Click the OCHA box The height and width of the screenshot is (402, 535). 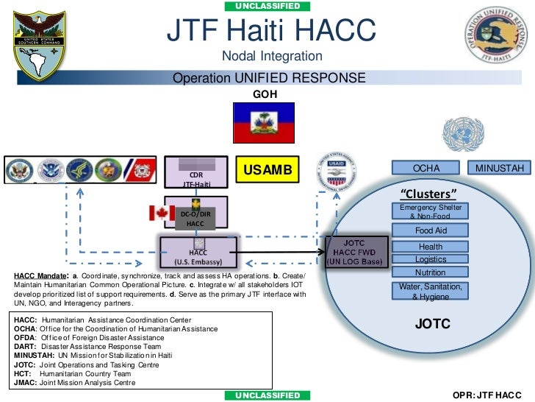[426, 169]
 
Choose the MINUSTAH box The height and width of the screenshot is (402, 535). [500, 169]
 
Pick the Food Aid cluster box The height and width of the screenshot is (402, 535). [431, 230]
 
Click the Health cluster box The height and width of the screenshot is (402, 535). [431, 247]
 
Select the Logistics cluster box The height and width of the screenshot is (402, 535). [431, 259]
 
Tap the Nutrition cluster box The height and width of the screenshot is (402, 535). [431, 272]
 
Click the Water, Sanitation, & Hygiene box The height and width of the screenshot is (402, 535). [431, 292]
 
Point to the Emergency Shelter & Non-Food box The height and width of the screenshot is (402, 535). [431, 212]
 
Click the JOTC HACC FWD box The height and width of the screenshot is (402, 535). [355, 251]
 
